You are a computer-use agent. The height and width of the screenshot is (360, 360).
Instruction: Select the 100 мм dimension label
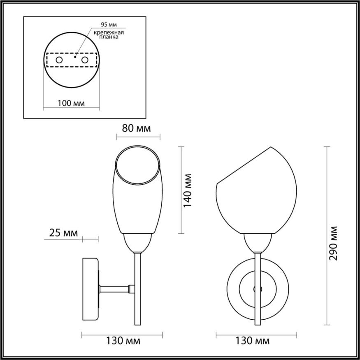[x=72, y=103]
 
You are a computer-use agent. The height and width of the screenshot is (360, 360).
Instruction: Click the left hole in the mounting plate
[x=59, y=60]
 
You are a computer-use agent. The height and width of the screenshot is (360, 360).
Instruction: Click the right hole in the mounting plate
[x=85, y=60]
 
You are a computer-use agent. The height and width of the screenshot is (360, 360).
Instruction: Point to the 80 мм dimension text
[x=136, y=128]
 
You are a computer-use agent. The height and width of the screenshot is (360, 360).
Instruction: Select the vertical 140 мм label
[x=188, y=190]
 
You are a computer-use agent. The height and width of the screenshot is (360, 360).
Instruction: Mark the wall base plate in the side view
[x=91, y=289]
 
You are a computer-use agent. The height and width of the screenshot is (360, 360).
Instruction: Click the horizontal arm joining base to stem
[x=115, y=289]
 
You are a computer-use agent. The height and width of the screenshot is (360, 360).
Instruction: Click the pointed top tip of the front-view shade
[x=271, y=147]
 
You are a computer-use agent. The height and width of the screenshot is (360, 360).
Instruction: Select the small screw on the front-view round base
[x=258, y=289]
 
